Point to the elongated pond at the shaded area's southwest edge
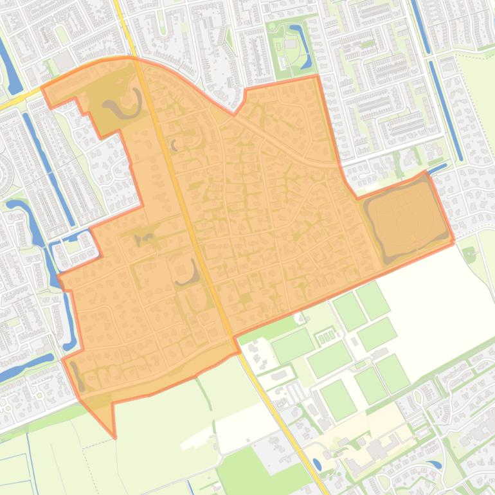coord(76,376)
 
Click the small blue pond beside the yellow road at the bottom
coord(317,465)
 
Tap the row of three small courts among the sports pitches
coord(327,336)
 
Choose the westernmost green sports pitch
coord(292,346)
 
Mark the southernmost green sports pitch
coord(339,399)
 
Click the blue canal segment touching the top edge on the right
coord(420,26)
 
